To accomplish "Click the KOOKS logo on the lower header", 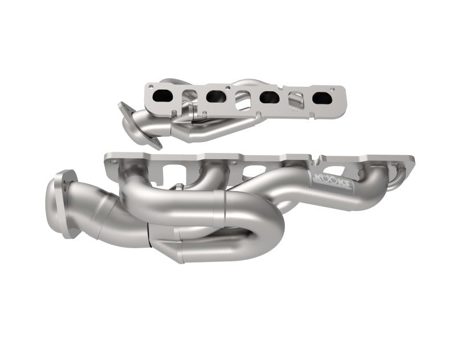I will [x=331, y=183].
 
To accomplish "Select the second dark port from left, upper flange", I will [x=215, y=96].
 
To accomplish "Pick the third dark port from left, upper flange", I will [x=269, y=98].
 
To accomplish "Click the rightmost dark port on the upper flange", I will [x=321, y=98].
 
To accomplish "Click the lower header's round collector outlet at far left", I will [x=59, y=203].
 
